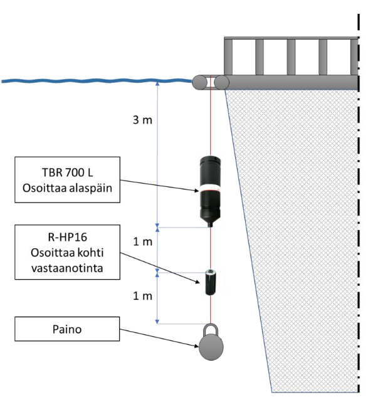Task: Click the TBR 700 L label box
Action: tap(67, 180)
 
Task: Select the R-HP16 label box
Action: tap(67, 252)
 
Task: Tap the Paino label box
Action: tap(67, 329)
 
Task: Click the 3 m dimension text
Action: tap(142, 120)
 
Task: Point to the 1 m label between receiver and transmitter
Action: tap(142, 241)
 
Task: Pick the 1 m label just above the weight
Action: tap(142, 296)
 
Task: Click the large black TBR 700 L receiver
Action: tap(210, 191)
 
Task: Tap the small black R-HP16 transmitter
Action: tap(210, 282)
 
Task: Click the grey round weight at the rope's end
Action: tap(211, 347)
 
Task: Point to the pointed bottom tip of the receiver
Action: tap(211, 226)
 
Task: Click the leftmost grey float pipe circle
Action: tap(200, 83)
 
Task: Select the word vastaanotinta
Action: tap(67, 268)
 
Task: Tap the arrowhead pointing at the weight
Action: tap(196, 346)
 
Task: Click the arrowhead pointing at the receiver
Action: tap(196, 191)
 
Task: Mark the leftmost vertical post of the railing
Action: tap(228, 57)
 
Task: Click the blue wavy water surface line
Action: tap(97, 81)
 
